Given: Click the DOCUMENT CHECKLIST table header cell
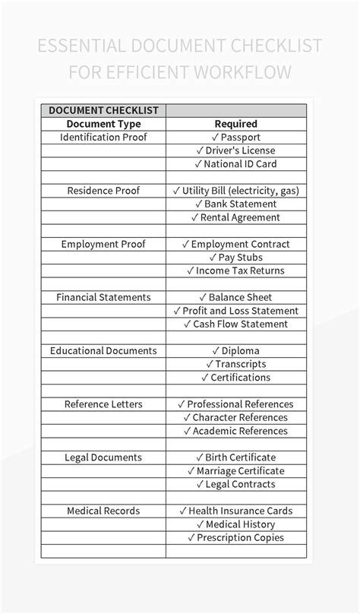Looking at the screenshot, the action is pyautogui.click(x=103, y=110).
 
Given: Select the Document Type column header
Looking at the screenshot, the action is pyautogui.click(x=103, y=124).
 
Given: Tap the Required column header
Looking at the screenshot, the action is pyautogui.click(x=235, y=124).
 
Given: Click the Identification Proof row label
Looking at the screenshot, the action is pyautogui.click(x=103, y=138).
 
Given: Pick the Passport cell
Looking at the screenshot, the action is pyautogui.click(x=235, y=138).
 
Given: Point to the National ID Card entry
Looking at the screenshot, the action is pyautogui.click(x=235, y=164).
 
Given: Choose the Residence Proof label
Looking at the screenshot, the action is pyautogui.click(x=103, y=191).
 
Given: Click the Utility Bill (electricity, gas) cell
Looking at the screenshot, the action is pyautogui.click(x=235, y=191).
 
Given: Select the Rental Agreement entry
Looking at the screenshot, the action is pyautogui.click(x=235, y=217).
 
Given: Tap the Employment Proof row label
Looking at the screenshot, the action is pyautogui.click(x=103, y=244).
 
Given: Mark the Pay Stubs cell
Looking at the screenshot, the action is pyautogui.click(x=235, y=258).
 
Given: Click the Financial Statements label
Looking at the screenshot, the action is pyautogui.click(x=103, y=297).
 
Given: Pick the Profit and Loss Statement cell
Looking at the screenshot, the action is pyautogui.click(x=235, y=311).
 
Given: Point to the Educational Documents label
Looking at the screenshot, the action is pyautogui.click(x=103, y=351).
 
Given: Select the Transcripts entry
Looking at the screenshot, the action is pyautogui.click(x=235, y=364).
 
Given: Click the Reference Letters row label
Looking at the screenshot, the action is pyautogui.click(x=103, y=404).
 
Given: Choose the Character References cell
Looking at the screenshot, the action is pyautogui.click(x=235, y=417).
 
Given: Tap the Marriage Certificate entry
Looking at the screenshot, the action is pyautogui.click(x=235, y=471).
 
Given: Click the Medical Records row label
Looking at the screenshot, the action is pyautogui.click(x=103, y=511).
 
